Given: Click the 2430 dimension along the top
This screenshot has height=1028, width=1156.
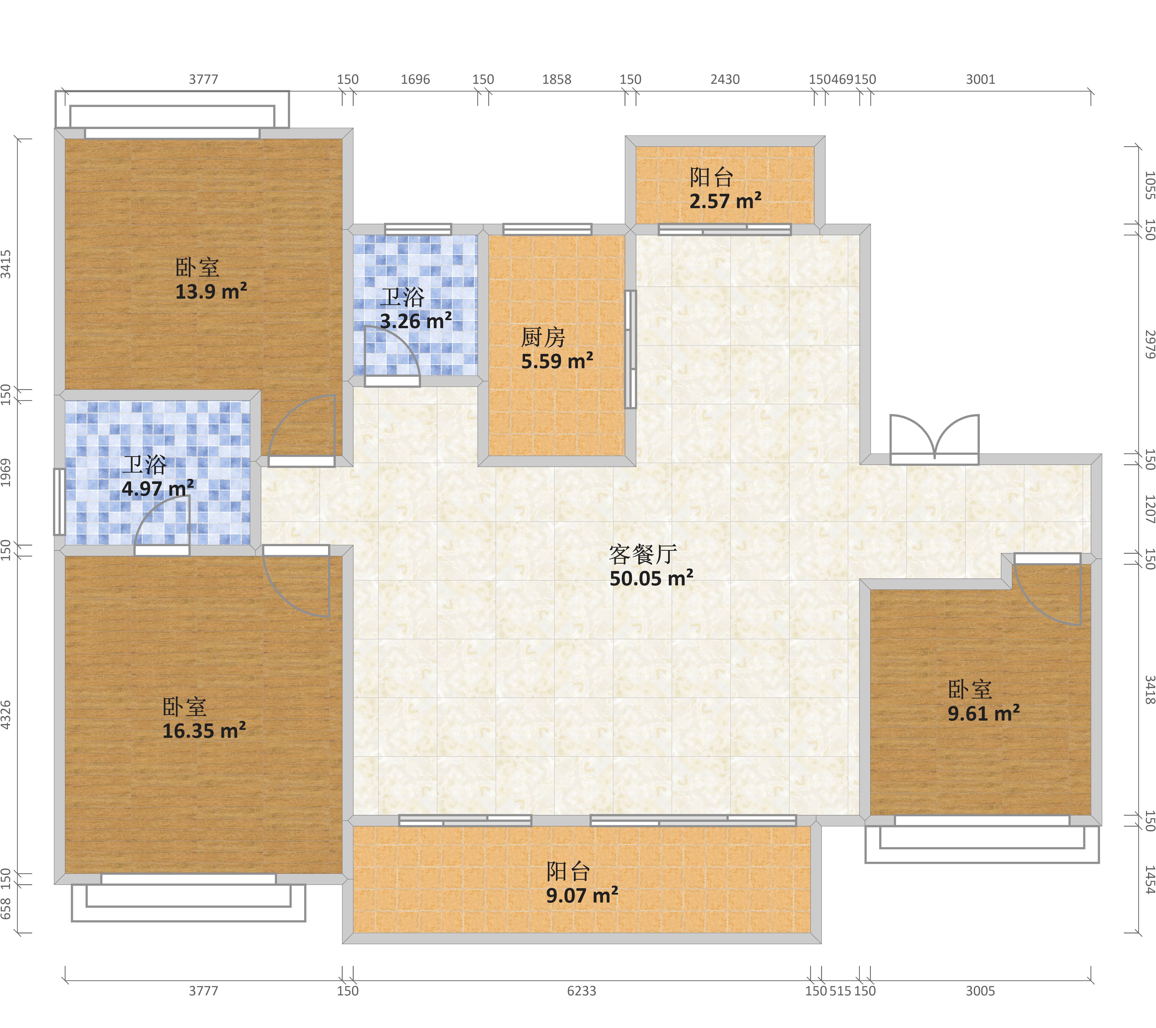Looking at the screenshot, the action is click(725, 79).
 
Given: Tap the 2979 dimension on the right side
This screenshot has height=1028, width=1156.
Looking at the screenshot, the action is click(1149, 344).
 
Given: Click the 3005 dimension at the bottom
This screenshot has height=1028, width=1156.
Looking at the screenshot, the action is click(980, 991).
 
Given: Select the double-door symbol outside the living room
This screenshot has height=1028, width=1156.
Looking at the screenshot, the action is click(934, 440).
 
